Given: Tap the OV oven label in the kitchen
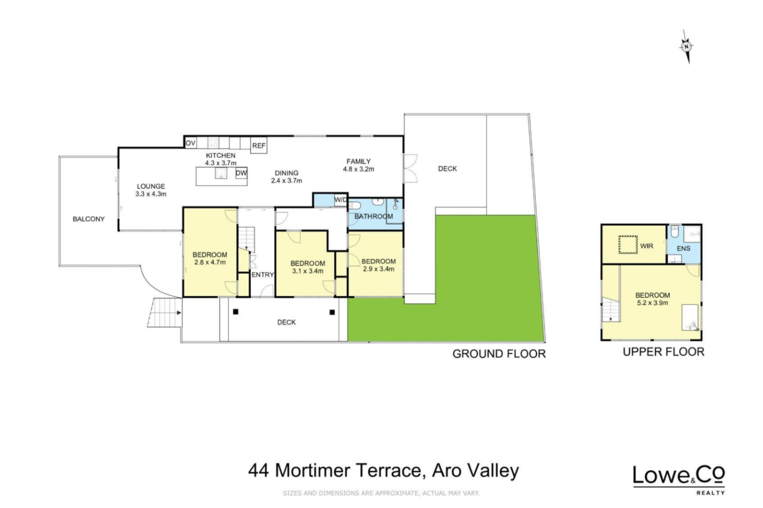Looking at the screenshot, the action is [190, 143].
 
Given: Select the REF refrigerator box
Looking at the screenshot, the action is [258, 145].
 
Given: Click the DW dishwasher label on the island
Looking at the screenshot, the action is [241, 173].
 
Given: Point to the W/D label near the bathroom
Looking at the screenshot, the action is [341, 200].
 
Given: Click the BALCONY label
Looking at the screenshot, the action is [88, 219].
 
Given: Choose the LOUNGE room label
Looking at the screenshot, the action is [151, 186].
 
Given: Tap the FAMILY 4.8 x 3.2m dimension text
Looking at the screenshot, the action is [358, 169].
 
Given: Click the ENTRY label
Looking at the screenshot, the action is [263, 275].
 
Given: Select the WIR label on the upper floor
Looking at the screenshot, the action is [646, 246].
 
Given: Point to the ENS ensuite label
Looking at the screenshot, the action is [684, 249].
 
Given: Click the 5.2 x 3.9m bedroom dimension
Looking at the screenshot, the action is [652, 303].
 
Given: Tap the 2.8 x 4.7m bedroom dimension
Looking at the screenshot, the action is [210, 262].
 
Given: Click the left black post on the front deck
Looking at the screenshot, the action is [235, 311].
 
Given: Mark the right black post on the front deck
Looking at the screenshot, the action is [332, 312].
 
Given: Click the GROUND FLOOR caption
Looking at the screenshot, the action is [499, 354].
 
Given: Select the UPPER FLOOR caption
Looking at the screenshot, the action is [664, 352].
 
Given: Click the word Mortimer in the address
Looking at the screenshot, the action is [312, 471].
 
